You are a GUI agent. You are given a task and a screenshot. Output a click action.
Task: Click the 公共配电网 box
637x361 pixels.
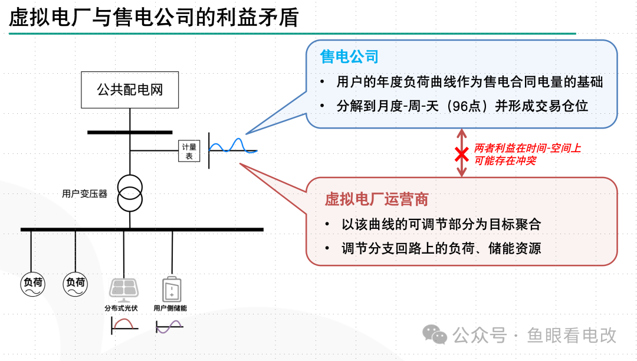(x=130, y=90)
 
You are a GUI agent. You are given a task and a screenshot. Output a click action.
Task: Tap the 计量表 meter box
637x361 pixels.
(x=189, y=152)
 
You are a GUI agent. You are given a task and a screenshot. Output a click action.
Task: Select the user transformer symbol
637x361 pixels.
(x=130, y=193)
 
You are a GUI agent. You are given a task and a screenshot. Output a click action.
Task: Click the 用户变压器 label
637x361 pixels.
(x=85, y=193)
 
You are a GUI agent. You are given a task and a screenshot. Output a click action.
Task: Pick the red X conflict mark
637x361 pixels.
(x=461, y=155)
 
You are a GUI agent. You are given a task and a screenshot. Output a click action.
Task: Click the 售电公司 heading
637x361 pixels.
(x=349, y=57)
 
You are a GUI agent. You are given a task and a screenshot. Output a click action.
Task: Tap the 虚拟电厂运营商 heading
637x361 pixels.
(x=376, y=199)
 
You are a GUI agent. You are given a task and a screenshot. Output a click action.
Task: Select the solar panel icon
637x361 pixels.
(x=124, y=290)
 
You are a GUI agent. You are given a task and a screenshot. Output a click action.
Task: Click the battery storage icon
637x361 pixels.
(x=171, y=289)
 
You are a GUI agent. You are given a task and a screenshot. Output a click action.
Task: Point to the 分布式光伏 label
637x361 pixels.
(x=121, y=308)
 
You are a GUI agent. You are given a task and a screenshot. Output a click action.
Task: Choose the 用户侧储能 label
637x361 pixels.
(x=170, y=308)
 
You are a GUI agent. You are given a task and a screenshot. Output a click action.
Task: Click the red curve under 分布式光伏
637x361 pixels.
(x=124, y=324)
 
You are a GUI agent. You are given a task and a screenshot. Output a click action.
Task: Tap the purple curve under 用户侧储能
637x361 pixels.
(x=169, y=326)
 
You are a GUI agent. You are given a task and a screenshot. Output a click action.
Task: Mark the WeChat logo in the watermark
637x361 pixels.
(x=435, y=335)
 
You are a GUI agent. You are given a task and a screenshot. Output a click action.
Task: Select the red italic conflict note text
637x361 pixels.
(x=527, y=155)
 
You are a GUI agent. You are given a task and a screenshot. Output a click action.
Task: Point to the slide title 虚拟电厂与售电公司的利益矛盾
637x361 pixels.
(x=154, y=18)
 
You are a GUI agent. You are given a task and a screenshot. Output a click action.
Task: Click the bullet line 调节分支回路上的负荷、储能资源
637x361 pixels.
(x=441, y=248)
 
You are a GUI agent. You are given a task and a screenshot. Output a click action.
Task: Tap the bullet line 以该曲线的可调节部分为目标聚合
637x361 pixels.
(x=441, y=225)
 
